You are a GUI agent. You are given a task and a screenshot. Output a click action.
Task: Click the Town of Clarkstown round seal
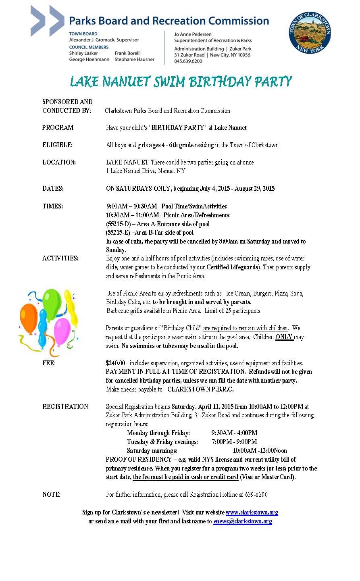[310, 33]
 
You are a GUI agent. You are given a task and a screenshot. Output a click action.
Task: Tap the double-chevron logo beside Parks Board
[47, 21]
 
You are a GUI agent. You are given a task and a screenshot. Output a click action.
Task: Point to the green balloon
[52, 303]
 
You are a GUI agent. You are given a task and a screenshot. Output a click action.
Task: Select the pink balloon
[62, 331]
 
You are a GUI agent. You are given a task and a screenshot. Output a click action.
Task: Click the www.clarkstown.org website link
[252, 512]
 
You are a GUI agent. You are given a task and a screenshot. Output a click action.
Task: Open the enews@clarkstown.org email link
[243, 521]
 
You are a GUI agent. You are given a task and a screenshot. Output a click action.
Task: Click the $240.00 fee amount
[115, 363]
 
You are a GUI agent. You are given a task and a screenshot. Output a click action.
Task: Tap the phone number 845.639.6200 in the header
[188, 61]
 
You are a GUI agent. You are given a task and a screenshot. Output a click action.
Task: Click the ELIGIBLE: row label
[57, 145]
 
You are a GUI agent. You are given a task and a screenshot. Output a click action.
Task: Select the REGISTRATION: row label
[66, 407]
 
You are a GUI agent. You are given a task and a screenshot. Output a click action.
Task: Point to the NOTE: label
[51, 495]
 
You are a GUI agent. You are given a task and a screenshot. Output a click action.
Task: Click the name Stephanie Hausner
[134, 60]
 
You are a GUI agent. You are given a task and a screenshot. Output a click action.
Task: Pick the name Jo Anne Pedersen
[193, 35]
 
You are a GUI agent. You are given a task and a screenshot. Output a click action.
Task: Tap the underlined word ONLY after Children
[284, 337]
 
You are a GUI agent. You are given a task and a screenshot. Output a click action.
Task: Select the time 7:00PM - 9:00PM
[234, 442]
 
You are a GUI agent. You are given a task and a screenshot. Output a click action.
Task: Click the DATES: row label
[53, 189]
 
